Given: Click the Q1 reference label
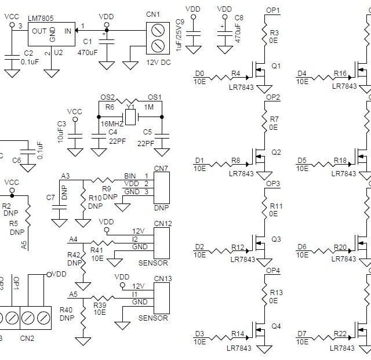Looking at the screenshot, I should tap(276, 66).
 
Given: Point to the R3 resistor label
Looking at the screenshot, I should tap(275, 32).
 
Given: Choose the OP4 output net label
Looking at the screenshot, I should tap(272, 271).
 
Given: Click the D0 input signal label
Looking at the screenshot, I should tap(199, 73).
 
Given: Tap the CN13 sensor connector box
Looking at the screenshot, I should tap(163, 294).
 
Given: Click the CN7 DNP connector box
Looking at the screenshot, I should tap(162, 187).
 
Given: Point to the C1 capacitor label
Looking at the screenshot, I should tap(88, 42).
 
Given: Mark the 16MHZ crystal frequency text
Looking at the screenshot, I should tap(112, 124).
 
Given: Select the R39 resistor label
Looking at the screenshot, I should tap(100, 304).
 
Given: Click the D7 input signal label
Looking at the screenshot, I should tap(301, 333).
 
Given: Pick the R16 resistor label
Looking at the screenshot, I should tap(340, 74).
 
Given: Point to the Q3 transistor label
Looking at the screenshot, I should tap(276, 239).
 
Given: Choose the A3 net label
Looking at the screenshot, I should tap(66, 176).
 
